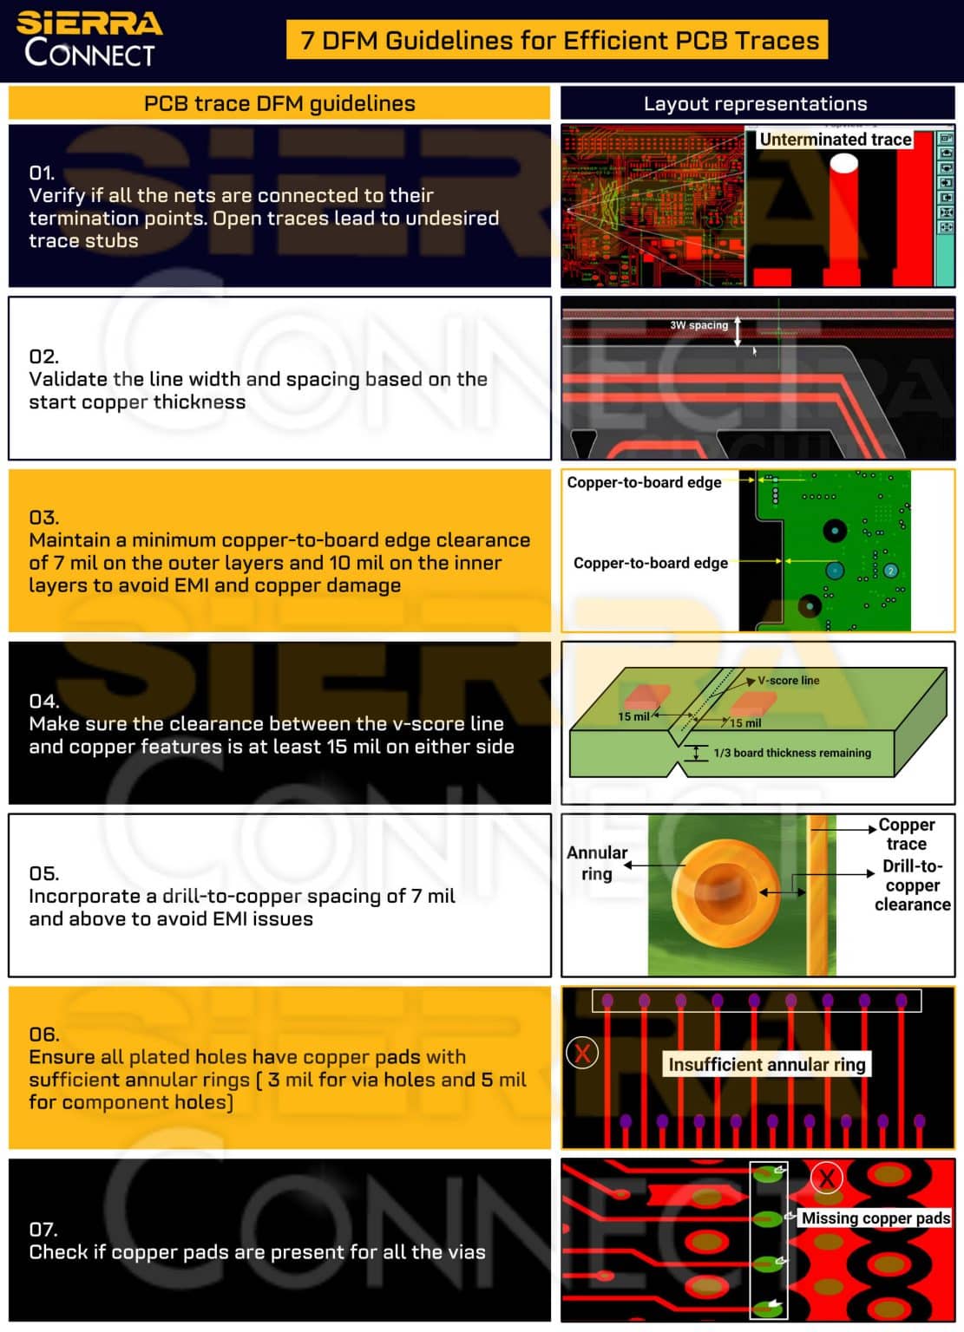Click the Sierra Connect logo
(x=89, y=39)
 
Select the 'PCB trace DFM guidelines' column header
(x=279, y=103)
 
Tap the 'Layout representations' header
(x=755, y=104)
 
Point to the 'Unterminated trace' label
(x=835, y=140)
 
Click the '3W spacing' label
(x=698, y=325)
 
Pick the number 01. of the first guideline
(x=42, y=173)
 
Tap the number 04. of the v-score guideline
(x=43, y=701)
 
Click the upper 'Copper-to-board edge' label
(x=644, y=482)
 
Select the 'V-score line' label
(x=788, y=681)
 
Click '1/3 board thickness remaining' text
(x=791, y=753)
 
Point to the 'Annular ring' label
(x=597, y=863)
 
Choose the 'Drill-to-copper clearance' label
(x=912, y=885)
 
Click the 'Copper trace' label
(x=906, y=833)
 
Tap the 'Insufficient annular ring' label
(x=767, y=1064)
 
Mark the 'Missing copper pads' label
(x=875, y=1218)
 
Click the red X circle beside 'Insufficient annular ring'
(x=581, y=1054)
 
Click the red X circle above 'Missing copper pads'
(x=827, y=1178)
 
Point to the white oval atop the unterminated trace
(x=843, y=162)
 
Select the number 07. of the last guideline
(x=43, y=1229)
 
